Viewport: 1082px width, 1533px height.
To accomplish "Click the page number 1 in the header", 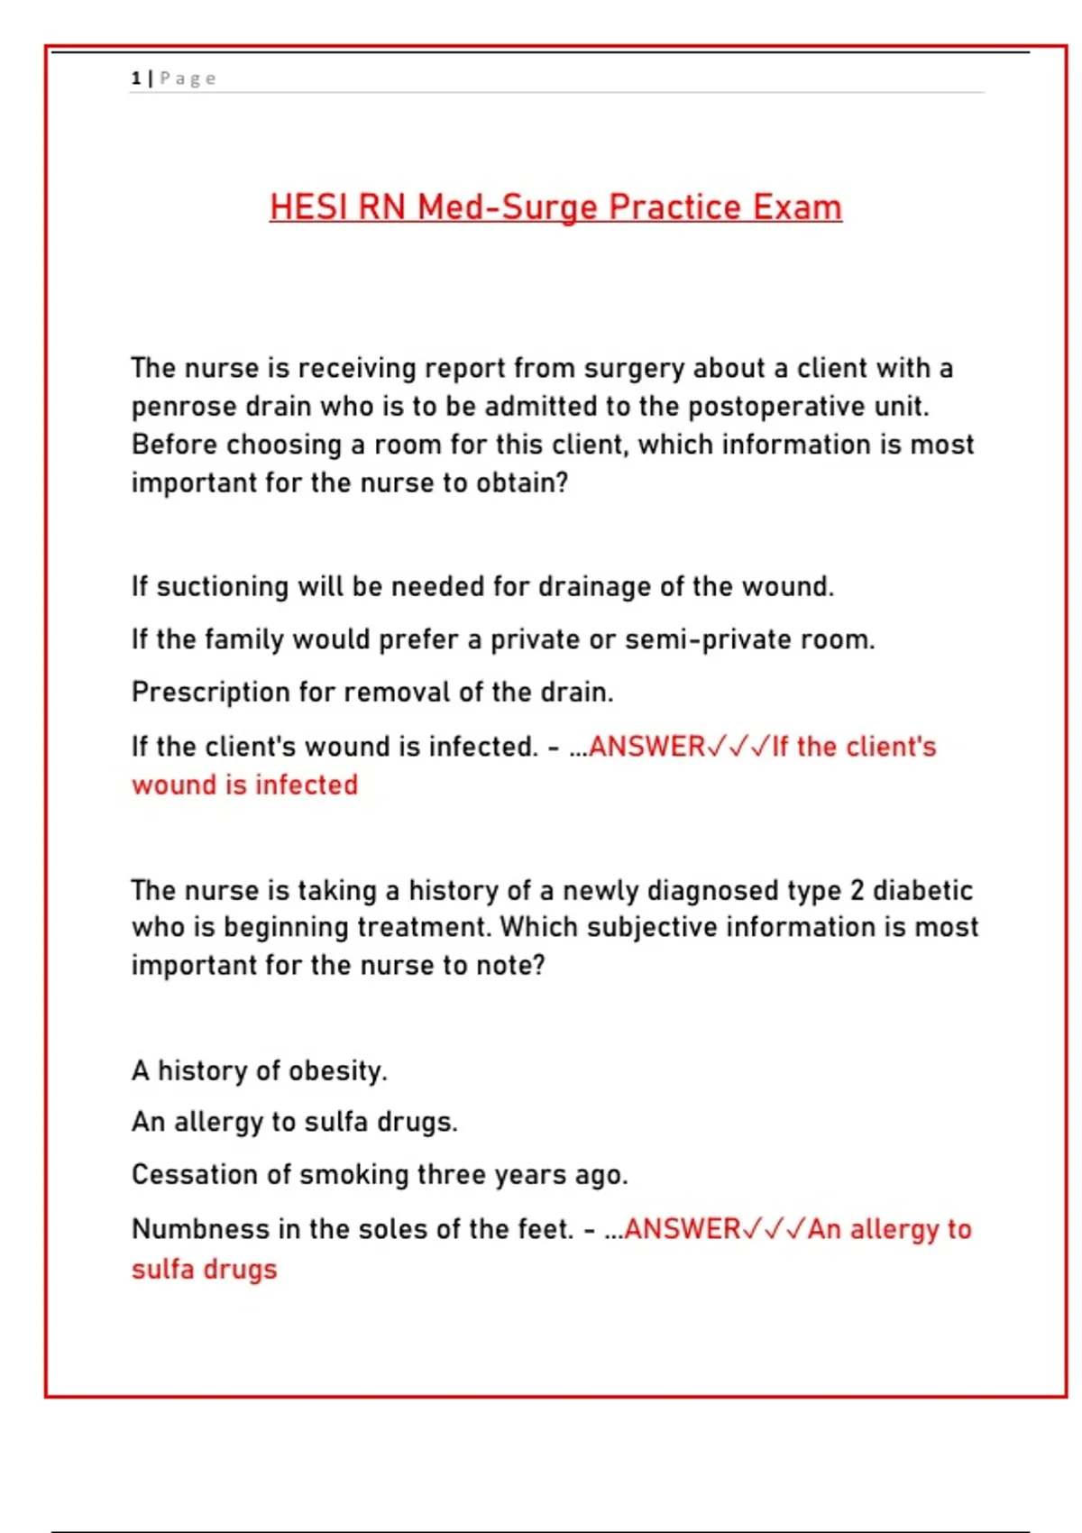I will [x=135, y=78].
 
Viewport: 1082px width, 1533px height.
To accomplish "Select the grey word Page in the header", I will [x=188, y=78].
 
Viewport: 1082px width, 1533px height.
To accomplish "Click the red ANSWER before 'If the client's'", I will [x=646, y=747].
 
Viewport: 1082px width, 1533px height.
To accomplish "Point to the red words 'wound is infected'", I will [x=244, y=785].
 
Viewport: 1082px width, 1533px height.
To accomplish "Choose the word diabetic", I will [x=922, y=890].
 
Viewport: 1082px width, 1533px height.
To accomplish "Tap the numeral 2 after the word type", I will [x=857, y=890].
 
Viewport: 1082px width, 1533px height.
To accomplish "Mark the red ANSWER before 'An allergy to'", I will [x=682, y=1229].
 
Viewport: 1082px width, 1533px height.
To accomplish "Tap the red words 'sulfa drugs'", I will [x=204, y=1269].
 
